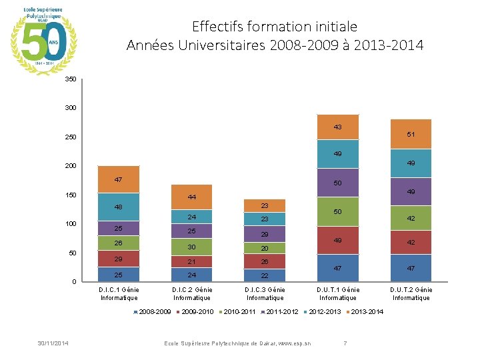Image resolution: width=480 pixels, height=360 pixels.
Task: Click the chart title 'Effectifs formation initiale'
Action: [x=275, y=27]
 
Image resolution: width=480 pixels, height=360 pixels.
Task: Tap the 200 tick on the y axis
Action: [x=71, y=165]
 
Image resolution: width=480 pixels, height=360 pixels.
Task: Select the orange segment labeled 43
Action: [x=338, y=127]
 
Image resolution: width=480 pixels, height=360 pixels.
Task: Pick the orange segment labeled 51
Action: [x=411, y=134]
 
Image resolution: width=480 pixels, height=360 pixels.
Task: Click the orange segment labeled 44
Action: [x=191, y=197]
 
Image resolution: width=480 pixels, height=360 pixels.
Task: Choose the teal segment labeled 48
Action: [x=118, y=207]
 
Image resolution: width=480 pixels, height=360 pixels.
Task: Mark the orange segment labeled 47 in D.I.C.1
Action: [x=118, y=179]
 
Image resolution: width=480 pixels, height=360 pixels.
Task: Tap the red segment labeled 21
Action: [x=191, y=261]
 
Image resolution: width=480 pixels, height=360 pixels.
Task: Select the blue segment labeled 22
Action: [x=265, y=275]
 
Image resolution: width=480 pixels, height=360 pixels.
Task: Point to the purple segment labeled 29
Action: [x=265, y=235]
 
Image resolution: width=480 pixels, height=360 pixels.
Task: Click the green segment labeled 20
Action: [x=265, y=248]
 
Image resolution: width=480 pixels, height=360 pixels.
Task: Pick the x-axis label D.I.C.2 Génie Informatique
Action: [x=191, y=294]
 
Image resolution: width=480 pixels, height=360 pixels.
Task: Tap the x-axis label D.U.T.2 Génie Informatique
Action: [x=411, y=294]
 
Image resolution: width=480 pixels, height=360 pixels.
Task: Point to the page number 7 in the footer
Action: [x=345, y=343]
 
